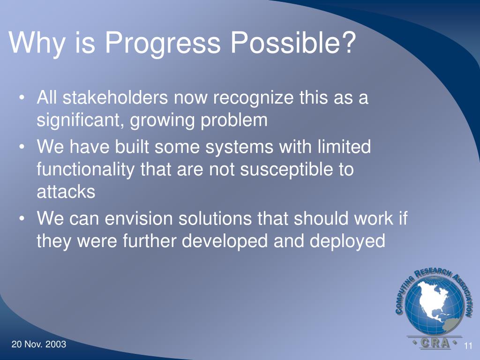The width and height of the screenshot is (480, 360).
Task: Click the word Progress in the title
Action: (163, 43)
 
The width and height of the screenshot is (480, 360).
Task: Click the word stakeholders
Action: (115, 97)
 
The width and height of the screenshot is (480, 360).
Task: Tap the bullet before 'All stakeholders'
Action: (22, 98)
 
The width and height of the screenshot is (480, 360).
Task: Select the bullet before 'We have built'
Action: (22, 147)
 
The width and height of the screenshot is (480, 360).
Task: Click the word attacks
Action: (66, 192)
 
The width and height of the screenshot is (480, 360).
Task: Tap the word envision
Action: (138, 219)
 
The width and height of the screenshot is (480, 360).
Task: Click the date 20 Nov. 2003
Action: (39, 345)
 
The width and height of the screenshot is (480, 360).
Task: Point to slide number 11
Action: (468, 346)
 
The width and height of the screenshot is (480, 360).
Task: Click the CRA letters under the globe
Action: (435, 343)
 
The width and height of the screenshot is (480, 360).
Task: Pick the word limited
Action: (344, 147)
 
